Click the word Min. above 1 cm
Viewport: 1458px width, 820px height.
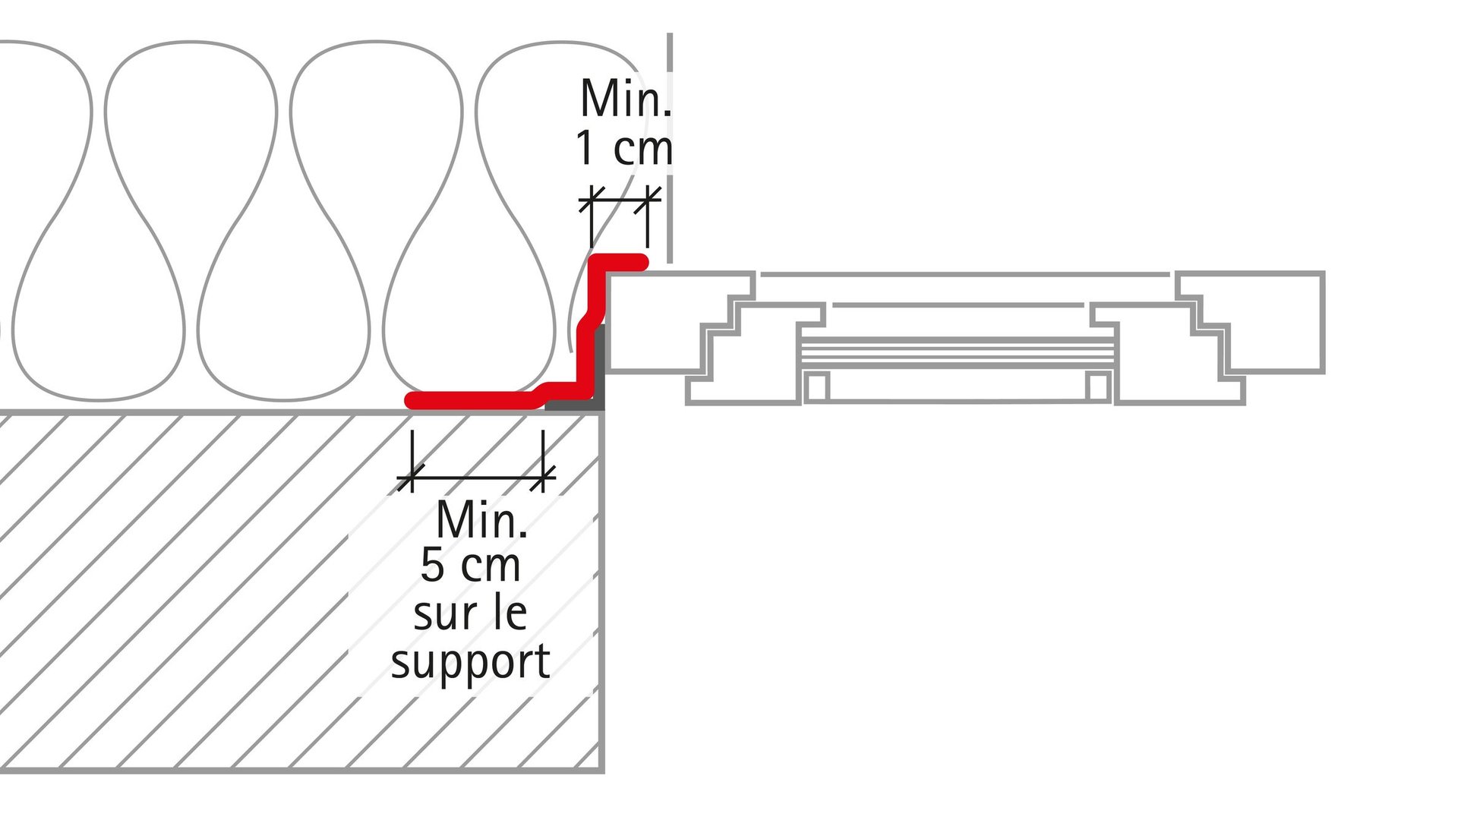point(625,99)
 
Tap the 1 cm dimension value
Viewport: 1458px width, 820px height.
point(623,148)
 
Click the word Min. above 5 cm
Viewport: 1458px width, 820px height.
point(481,521)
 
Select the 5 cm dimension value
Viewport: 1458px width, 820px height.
point(471,566)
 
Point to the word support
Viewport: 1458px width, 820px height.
point(471,662)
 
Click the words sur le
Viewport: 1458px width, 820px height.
point(471,613)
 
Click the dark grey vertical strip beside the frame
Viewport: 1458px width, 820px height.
point(601,364)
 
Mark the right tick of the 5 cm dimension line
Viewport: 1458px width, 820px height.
point(543,478)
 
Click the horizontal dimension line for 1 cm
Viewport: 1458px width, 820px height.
point(620,200)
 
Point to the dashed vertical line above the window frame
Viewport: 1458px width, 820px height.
point(670,144)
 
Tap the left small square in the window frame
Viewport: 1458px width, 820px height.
point(816,386)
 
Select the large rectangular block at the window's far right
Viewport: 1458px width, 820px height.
point(1276,323)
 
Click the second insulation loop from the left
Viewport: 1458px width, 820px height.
point(191,220)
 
